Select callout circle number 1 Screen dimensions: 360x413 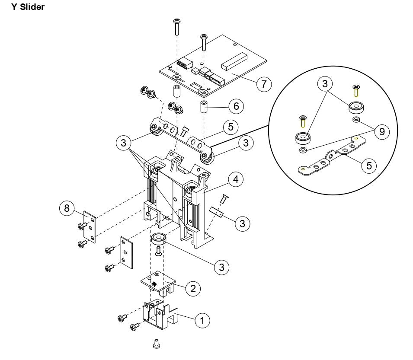[202, 321]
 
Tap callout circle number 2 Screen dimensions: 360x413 [193, 289]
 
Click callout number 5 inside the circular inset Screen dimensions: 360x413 [368, 165]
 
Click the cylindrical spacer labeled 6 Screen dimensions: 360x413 [204, 107]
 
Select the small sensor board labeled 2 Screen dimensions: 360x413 [160, 284]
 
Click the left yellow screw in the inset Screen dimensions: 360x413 [302, 121]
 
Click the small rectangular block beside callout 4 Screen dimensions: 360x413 [216, 213]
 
